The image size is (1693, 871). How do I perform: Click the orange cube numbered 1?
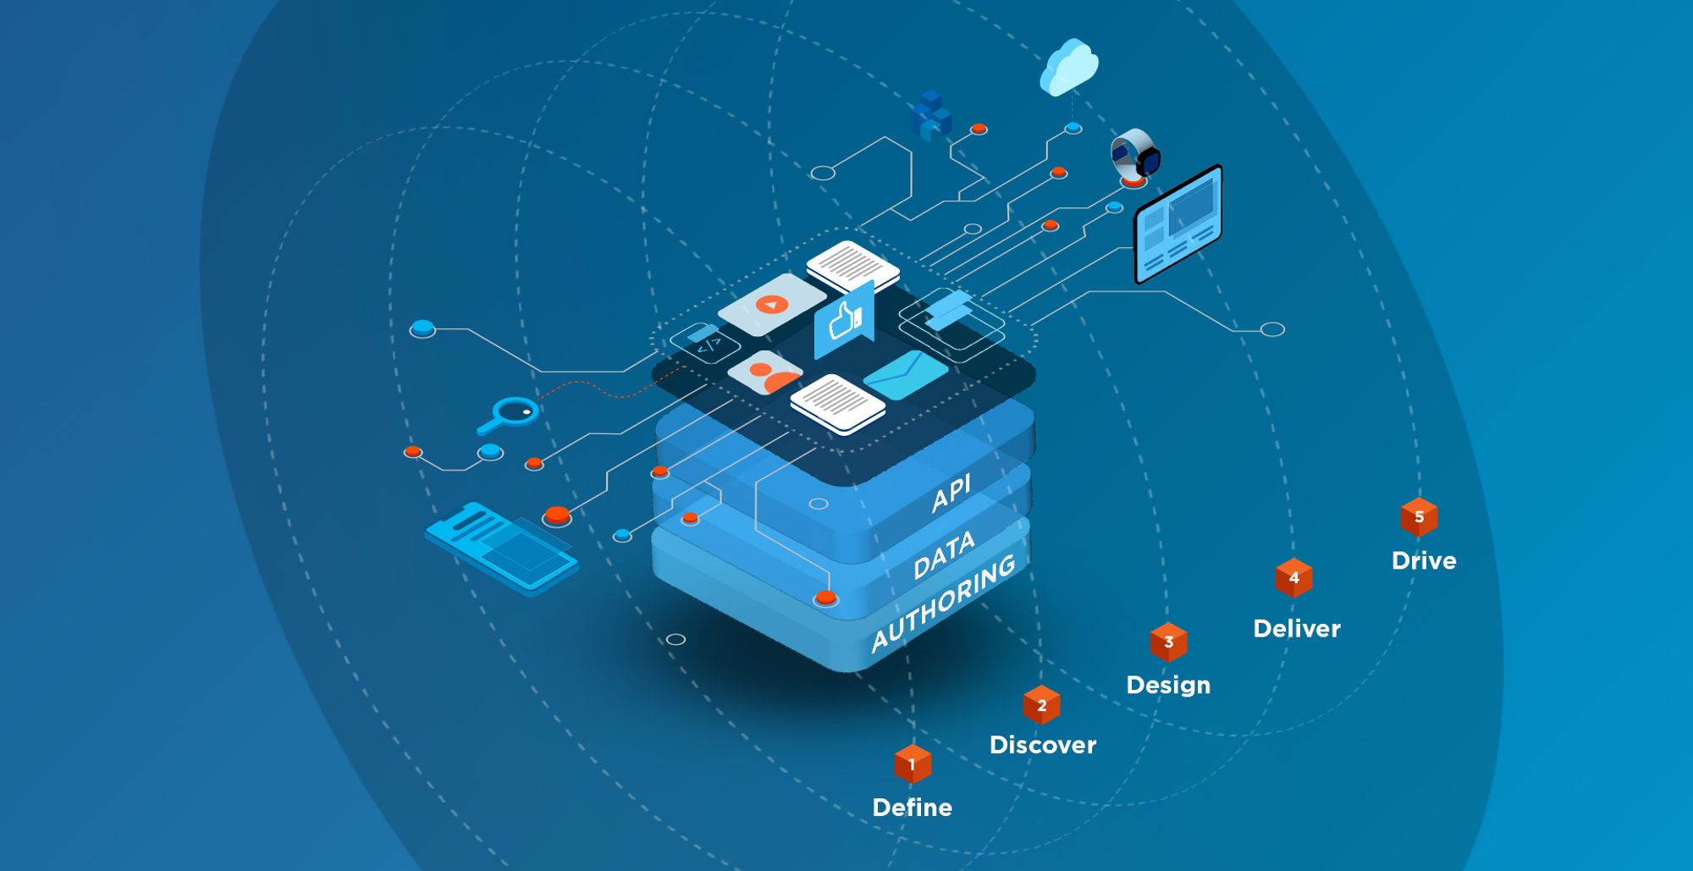pos(913,764)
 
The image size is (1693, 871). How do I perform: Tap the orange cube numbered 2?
pos(1041,704)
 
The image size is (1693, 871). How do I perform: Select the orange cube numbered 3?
pos(1168,642)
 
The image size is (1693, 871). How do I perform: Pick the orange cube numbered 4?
pos(1293,577)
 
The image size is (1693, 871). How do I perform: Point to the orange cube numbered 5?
pos(1419,516)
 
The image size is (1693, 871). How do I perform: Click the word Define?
pos(912,808)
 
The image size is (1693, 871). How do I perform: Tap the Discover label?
pos(1042,745)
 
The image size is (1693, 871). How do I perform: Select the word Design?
pos(1168,685)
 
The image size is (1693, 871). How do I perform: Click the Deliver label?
pos(1296,629)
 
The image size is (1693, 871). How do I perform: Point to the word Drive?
pos(1424,561)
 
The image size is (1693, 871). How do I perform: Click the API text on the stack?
pos(951,493)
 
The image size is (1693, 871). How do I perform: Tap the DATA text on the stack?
pos(945,555)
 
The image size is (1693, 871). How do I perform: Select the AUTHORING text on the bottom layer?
pos(943,602)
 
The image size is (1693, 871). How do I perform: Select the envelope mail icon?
pos(905,373)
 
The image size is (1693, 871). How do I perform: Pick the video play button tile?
pos(771,304)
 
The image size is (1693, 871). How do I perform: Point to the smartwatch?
pos(1135,155)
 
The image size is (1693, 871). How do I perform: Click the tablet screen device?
pos(1177,223)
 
